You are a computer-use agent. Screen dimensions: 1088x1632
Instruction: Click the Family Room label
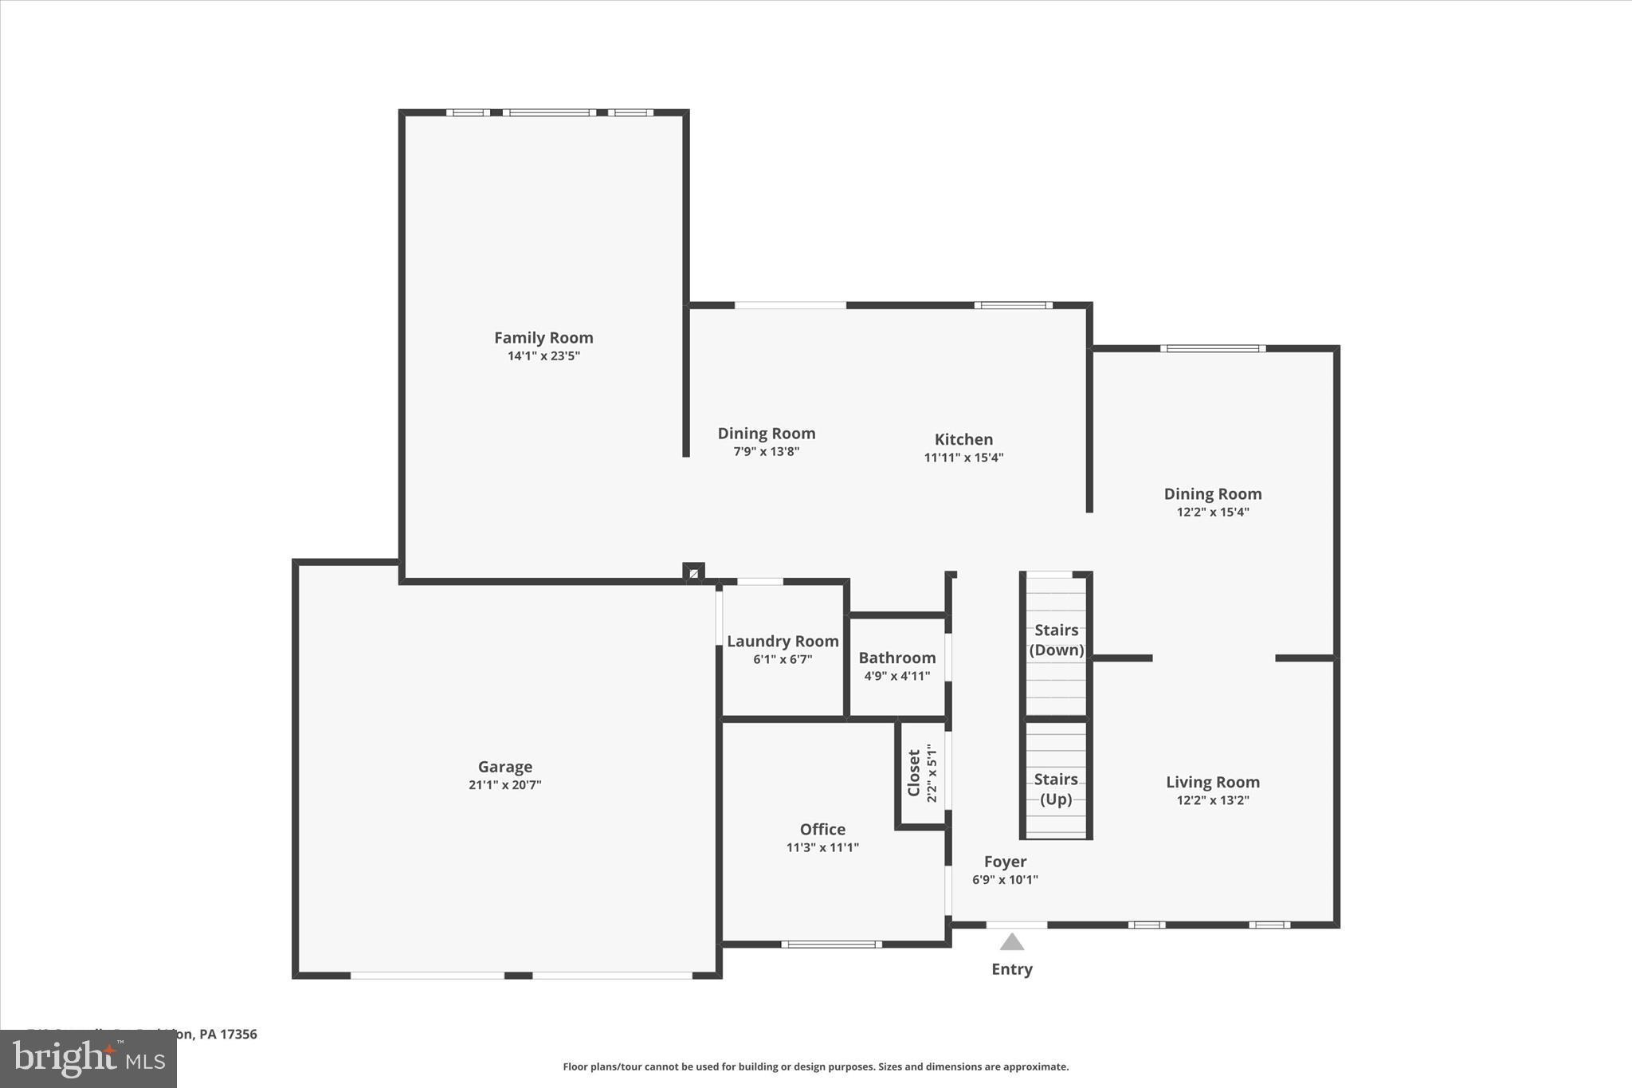point(543,338)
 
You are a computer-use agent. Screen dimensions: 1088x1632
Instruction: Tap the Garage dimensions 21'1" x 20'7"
point(504,785)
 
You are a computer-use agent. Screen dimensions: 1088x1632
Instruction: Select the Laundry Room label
point(783,642)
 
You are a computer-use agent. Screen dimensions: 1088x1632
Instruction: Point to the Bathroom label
point(896,658)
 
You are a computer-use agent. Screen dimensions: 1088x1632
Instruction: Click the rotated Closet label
point(914,772)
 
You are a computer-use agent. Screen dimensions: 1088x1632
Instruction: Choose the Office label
point(822,830)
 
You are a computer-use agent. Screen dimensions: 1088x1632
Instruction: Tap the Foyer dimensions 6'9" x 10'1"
point(1005,880)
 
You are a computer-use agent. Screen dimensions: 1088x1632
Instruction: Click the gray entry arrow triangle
point(1011,943)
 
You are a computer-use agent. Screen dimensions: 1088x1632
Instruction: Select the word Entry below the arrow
point(1011,969)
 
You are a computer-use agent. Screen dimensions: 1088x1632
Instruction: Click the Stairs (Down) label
point(1056,640)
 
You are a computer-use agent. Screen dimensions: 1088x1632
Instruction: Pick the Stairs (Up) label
point(1056,789)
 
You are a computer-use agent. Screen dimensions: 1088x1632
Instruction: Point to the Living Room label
point(1212,783)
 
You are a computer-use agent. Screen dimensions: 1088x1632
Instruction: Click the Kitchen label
point(963,440)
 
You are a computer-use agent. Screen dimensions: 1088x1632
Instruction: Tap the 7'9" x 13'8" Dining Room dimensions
point(766,452)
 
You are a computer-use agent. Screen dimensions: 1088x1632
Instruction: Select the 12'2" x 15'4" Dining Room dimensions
point(1212,513)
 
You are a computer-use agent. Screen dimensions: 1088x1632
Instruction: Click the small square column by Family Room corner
point(693,572)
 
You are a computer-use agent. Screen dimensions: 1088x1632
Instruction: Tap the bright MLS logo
point(88,1059)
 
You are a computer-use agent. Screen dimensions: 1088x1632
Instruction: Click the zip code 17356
point(238,1035)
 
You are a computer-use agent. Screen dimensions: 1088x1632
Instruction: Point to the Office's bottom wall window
point(831,945)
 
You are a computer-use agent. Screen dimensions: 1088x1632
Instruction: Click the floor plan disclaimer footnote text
point(815,1066)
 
